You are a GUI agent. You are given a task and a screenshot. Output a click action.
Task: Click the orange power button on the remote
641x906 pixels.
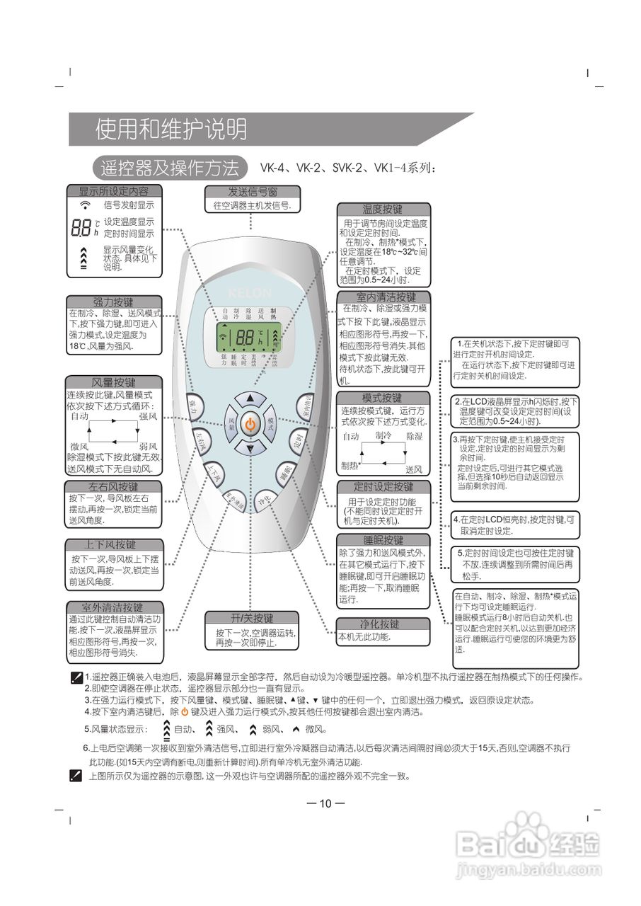[x=250, y=425]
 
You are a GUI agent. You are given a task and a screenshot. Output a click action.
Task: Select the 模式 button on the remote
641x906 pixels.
[x=270, y=424]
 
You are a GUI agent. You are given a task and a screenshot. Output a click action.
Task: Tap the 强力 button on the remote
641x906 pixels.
[x=194, y=406]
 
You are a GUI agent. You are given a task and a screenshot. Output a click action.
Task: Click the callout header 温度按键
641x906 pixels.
[x=383, y=210]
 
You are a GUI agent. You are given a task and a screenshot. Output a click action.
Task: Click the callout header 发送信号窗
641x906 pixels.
[x=252, y=192]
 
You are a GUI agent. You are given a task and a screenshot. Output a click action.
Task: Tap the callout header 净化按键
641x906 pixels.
[x=383, y=624]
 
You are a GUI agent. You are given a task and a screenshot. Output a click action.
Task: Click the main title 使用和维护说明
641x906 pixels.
[x=171, y=130]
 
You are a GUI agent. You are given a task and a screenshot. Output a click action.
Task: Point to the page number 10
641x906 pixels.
[x=325, y=803]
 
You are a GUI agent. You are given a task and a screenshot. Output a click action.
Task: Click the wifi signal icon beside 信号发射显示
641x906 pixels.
[x=86, y=205]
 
